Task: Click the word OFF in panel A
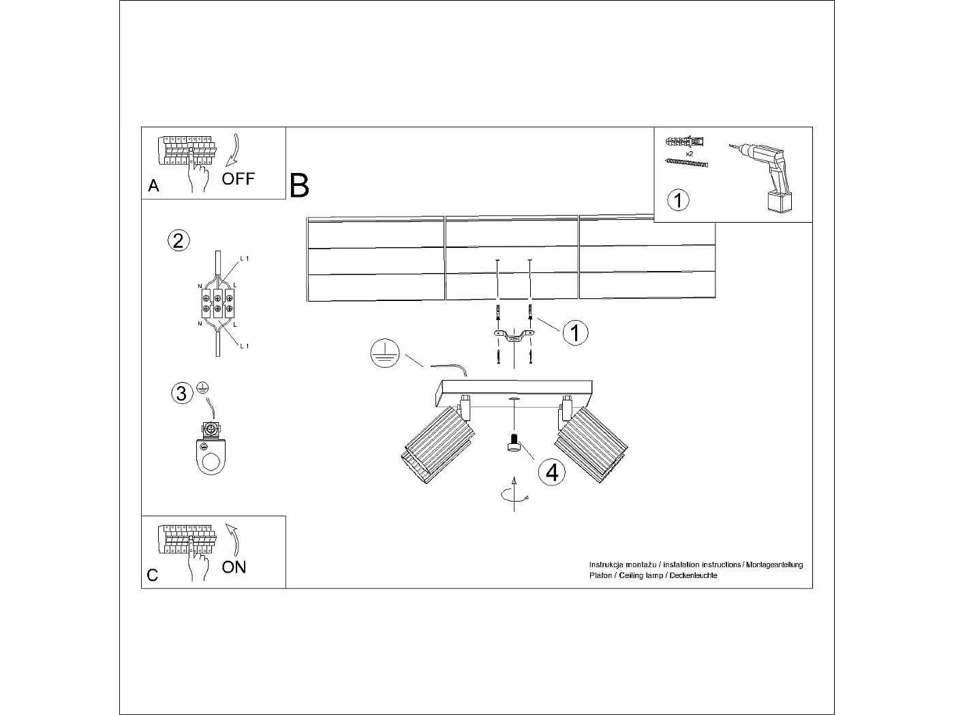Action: pyautogui.click(x=238, y=179)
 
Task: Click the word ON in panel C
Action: pyautogui.click(x=234, y=567)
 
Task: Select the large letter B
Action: pyautogui.click(x=299, y=185)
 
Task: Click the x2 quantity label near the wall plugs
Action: pyautogui.click(x=689, y=154)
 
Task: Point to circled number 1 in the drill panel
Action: pyautogui.click(x=678, y=200)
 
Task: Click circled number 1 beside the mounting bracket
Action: pyautogui.click(x=576, y=333)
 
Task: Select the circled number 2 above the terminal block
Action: pyautogui.click(x=179, y=240)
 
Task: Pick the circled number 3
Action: pyautogui.click(x=181, y=393)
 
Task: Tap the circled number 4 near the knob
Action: pyautogui.click(x=551, y=471)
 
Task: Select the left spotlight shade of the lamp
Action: pyautogui.click(x=436, y=445)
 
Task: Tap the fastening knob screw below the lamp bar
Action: pyautogui.click(x=514, y=445)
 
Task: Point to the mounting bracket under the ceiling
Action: pyautogui.click(x=514, y=335)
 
